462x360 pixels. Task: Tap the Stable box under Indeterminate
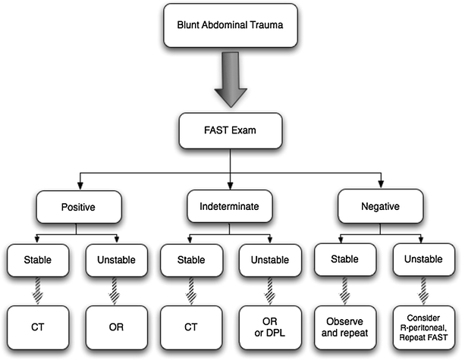(189, 259)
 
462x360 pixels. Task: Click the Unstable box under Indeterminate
(267, 259)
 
